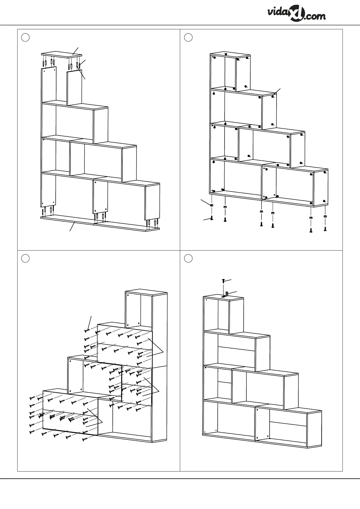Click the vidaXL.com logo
[296, 15]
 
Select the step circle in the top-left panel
[25, 37]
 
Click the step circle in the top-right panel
[188, 37]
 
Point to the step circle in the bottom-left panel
[25, 259]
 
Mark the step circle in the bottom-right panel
[188, 259]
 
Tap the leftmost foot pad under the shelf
[212, 205]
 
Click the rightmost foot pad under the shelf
[325, 216]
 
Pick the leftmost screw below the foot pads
[212, 218]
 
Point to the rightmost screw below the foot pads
[325, 229]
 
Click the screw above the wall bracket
[223, 281]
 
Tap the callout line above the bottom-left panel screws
[90, 323]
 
